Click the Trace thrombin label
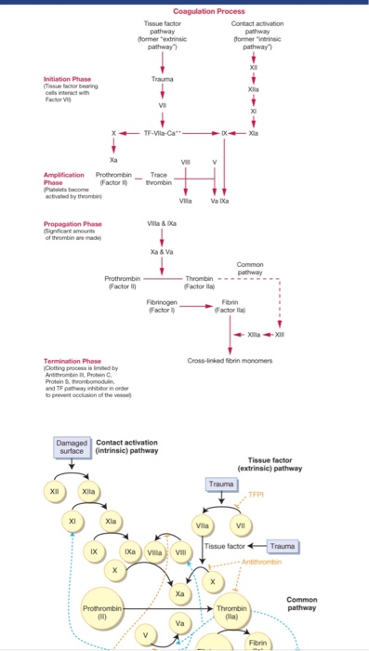(x=159, y=178)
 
